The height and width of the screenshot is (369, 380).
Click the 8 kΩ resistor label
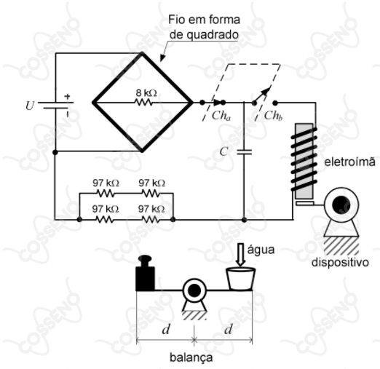point(146,93)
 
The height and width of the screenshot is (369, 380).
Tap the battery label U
point(30,106)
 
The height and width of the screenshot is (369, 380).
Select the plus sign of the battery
point(67,96)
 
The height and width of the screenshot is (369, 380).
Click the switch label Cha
point(221,116)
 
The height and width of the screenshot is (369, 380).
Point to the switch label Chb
point(273,116)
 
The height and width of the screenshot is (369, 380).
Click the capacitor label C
point(223,151)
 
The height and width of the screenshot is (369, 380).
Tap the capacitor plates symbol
point(244,152)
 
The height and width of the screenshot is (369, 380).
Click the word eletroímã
point(349,162)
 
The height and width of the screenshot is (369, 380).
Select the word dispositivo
point(340,262)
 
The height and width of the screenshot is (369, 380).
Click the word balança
point(191,357)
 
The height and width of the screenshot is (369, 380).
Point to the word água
point(261,250)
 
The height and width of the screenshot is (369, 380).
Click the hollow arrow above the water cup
point(241,255)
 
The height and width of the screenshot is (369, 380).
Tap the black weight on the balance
point(145,273)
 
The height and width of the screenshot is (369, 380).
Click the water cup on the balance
point(240,279)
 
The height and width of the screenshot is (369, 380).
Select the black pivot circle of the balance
point(194,290)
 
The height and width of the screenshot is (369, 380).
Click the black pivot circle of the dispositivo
point(341,205)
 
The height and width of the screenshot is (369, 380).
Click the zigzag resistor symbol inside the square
point(143,103)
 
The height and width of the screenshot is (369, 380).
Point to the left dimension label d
point(166,330)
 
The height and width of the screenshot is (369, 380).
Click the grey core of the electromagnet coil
point(304,161)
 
